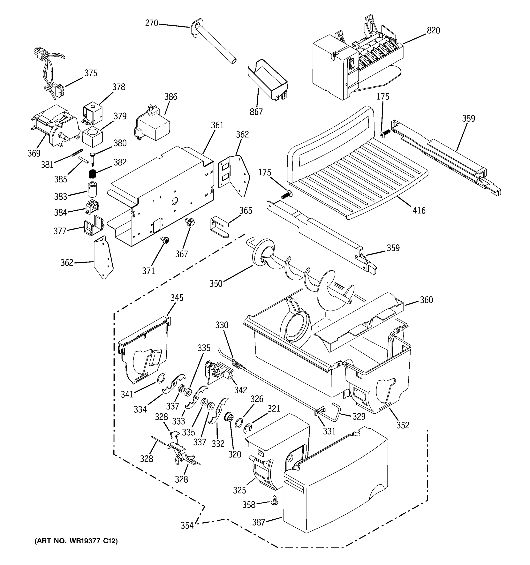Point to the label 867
pyautogui.click(x=256, y=112)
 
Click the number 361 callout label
pyautogui.click(x=217, y=125)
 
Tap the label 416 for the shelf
pyautogui.click(x=419, y=211)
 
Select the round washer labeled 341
pyautogui.click(x=161, y=379)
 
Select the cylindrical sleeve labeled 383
pyautogui.click(x=92, y=189)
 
